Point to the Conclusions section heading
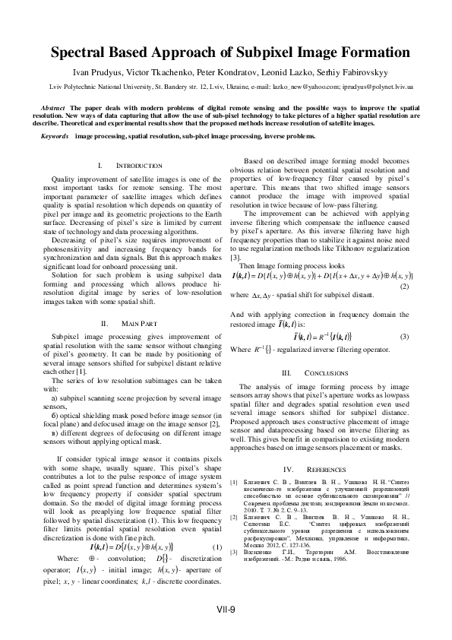point(317,373)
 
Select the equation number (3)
point(405,336)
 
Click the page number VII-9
point(226,610)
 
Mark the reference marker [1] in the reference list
point(234,482)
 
